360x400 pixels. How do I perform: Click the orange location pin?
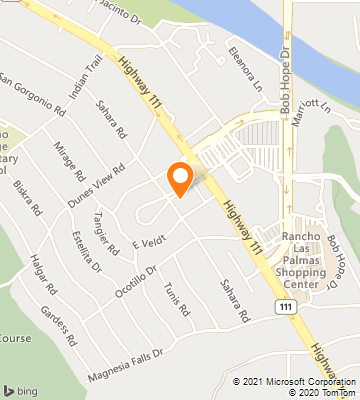180,177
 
